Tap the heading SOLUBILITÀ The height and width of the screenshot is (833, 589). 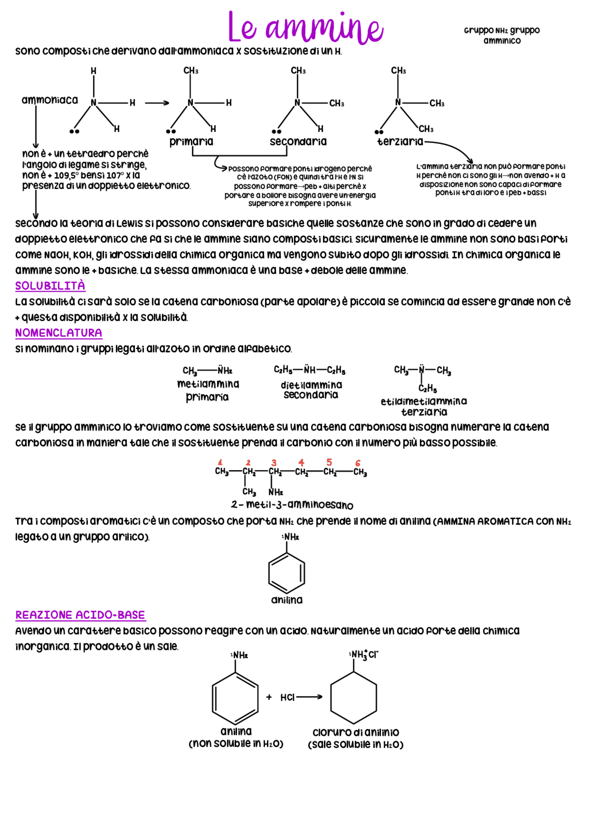pos(50,286)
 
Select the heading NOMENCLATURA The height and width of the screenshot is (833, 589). pos(58,333)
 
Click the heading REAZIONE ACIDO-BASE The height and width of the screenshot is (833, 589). pos(81,615)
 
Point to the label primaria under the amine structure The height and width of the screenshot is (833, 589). pos(191,142)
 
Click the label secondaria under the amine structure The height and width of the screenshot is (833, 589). pos(298,142)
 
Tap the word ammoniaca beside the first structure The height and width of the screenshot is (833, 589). pos(50,100)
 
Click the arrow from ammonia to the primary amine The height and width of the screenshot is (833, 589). pos(157,103)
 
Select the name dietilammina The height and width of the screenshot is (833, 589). pos(312,385)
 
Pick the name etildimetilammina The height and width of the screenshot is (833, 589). pos(424,402)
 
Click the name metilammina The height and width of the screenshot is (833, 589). pos(208,384)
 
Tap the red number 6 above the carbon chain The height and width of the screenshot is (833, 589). pos(358,463)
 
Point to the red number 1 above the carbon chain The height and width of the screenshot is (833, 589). pos(220,462)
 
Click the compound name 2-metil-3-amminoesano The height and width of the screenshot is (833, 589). pos(292,505)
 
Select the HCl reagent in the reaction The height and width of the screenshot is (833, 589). pos(287,697)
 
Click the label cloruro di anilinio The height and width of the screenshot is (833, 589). pos(356,732)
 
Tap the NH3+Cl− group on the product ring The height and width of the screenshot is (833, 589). pos(364,655)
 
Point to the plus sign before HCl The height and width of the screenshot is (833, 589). pos(269,697)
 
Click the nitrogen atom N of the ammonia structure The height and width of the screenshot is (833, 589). pos(93,103)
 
